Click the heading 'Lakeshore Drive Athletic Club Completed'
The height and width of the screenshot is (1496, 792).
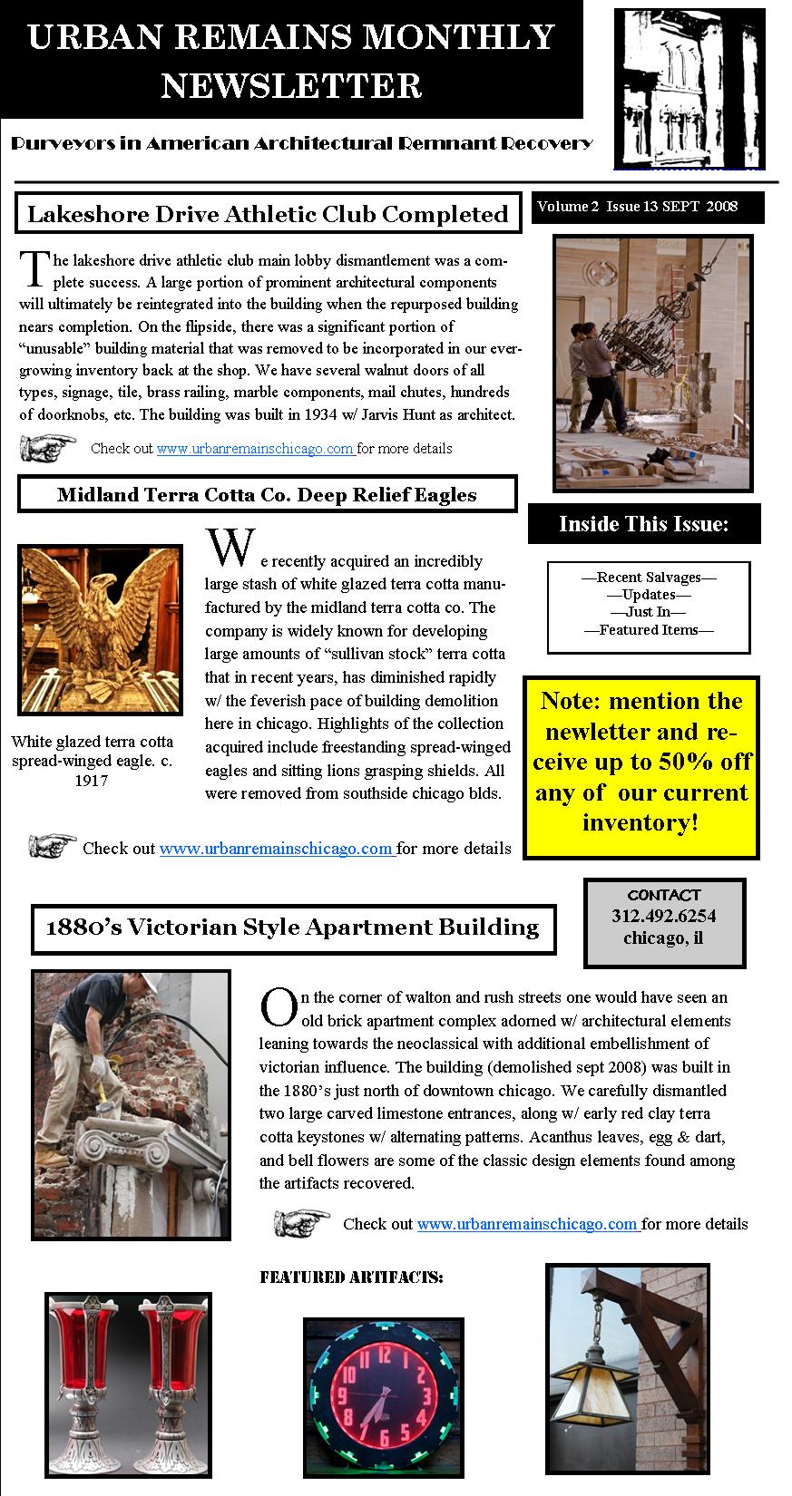(x=268, y=214)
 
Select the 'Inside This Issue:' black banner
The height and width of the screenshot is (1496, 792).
(x=644, y=524)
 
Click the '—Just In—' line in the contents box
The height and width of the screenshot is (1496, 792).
(x=649, y=612)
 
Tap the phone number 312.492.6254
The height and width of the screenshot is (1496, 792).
(x=663, y=916)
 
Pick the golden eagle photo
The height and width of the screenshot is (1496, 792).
(x=100, y=629)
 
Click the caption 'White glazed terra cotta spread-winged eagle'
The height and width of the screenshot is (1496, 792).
(x=91, y=760)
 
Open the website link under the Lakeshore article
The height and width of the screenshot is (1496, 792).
(x=255, y=448)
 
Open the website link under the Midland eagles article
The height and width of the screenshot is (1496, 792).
(x=277, y=849)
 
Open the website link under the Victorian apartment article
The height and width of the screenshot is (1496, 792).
(x=528, y=1223)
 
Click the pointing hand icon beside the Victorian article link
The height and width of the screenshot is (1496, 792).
(x=302, y=1222)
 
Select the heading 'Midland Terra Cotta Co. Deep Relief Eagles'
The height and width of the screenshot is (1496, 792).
(x=267, y=494)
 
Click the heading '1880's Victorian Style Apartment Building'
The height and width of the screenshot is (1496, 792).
(x=292, y=927)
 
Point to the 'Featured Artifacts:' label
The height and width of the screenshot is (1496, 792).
(x=351, y=1277)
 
